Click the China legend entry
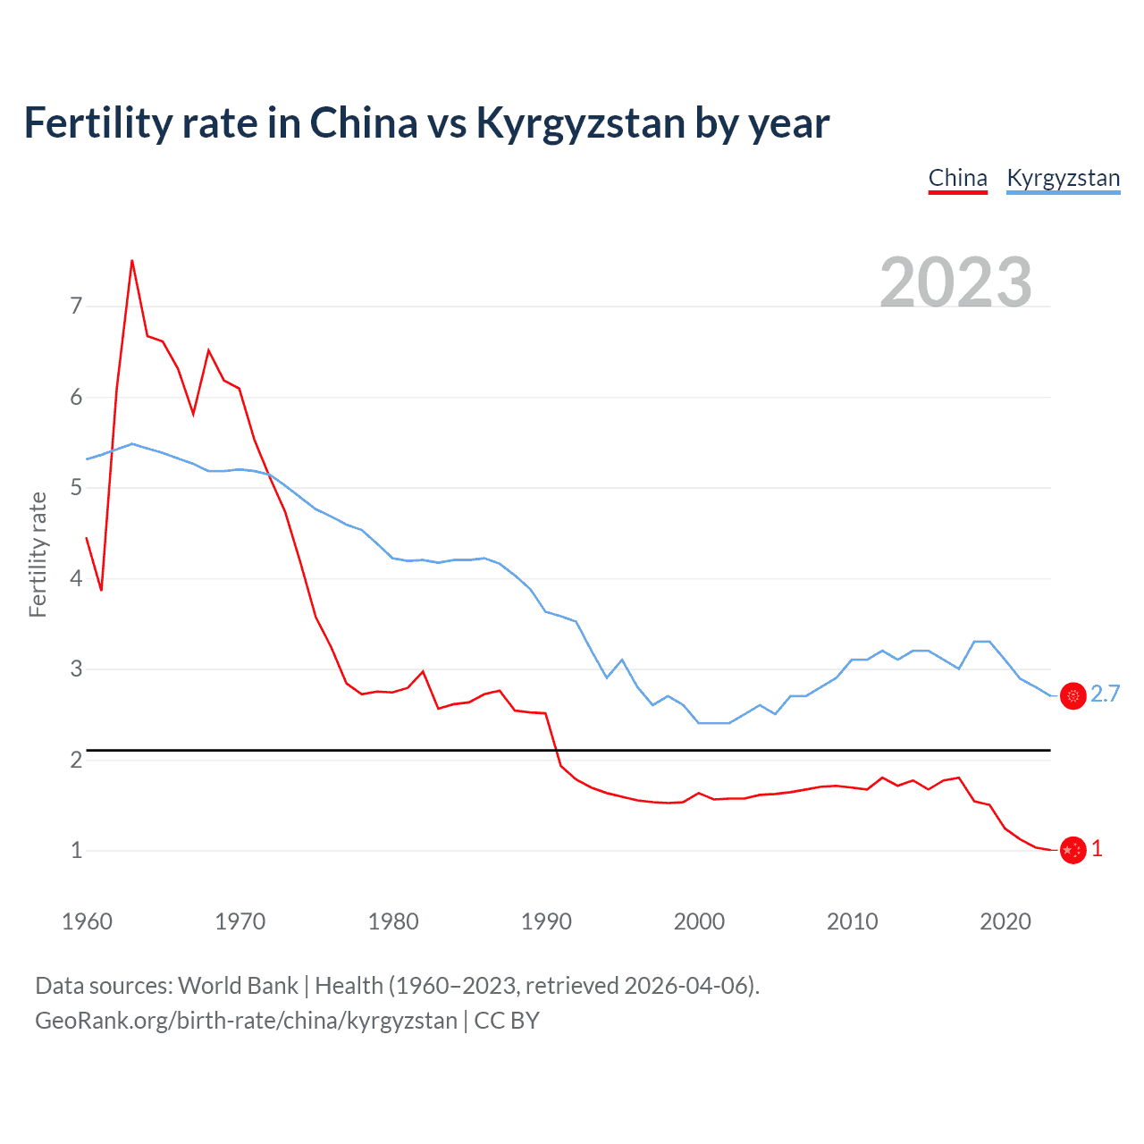[957, 178]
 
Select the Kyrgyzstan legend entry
[1063, 178]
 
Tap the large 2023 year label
[955, 282]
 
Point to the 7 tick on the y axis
[76, 307]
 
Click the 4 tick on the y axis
[76, 578]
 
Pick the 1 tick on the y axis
[76, 850]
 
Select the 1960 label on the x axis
[87, 921]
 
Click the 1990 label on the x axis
[546, 921]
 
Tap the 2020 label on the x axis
[1005, 921]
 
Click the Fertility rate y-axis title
[38, 554]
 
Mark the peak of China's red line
[132, 260]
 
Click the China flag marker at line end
[1072, 850]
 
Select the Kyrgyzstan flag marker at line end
[1072, 695]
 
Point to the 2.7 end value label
[1105, 694]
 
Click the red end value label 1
[1097, 849]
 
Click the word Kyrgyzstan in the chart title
[580, 123]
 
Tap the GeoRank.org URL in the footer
[246, 1021]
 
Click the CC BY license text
[507, 1021]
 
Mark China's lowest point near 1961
[101, 590]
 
